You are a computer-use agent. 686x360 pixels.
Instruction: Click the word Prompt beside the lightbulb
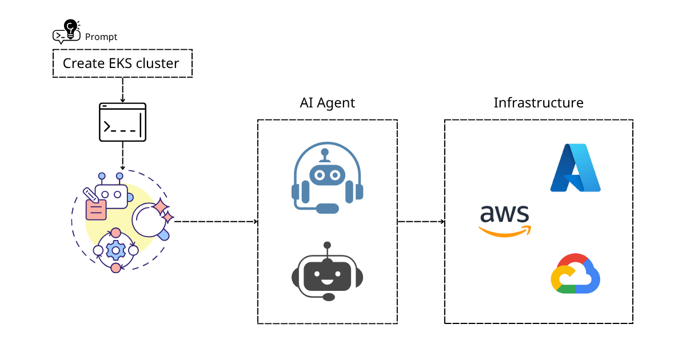[x=101, y=37]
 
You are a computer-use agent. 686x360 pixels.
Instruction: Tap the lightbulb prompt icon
[x=66, y=31]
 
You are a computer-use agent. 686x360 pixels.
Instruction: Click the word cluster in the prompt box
[x=157, y=63]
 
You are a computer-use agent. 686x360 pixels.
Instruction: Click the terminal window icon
[x=123, y=122]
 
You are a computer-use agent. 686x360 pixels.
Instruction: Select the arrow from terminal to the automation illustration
[x=123, y=155]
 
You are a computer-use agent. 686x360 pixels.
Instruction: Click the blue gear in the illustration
[x=116, y=250]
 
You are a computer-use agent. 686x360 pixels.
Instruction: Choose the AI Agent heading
[x=327, y=103]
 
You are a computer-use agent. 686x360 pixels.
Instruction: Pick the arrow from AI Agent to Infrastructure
[x=421, y=221]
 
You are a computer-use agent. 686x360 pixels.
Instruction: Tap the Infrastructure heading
[x=539, y=103]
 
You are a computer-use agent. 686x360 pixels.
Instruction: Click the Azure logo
[x=575, y=167]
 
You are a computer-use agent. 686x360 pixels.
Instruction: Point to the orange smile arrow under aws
[x=505, y=231]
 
